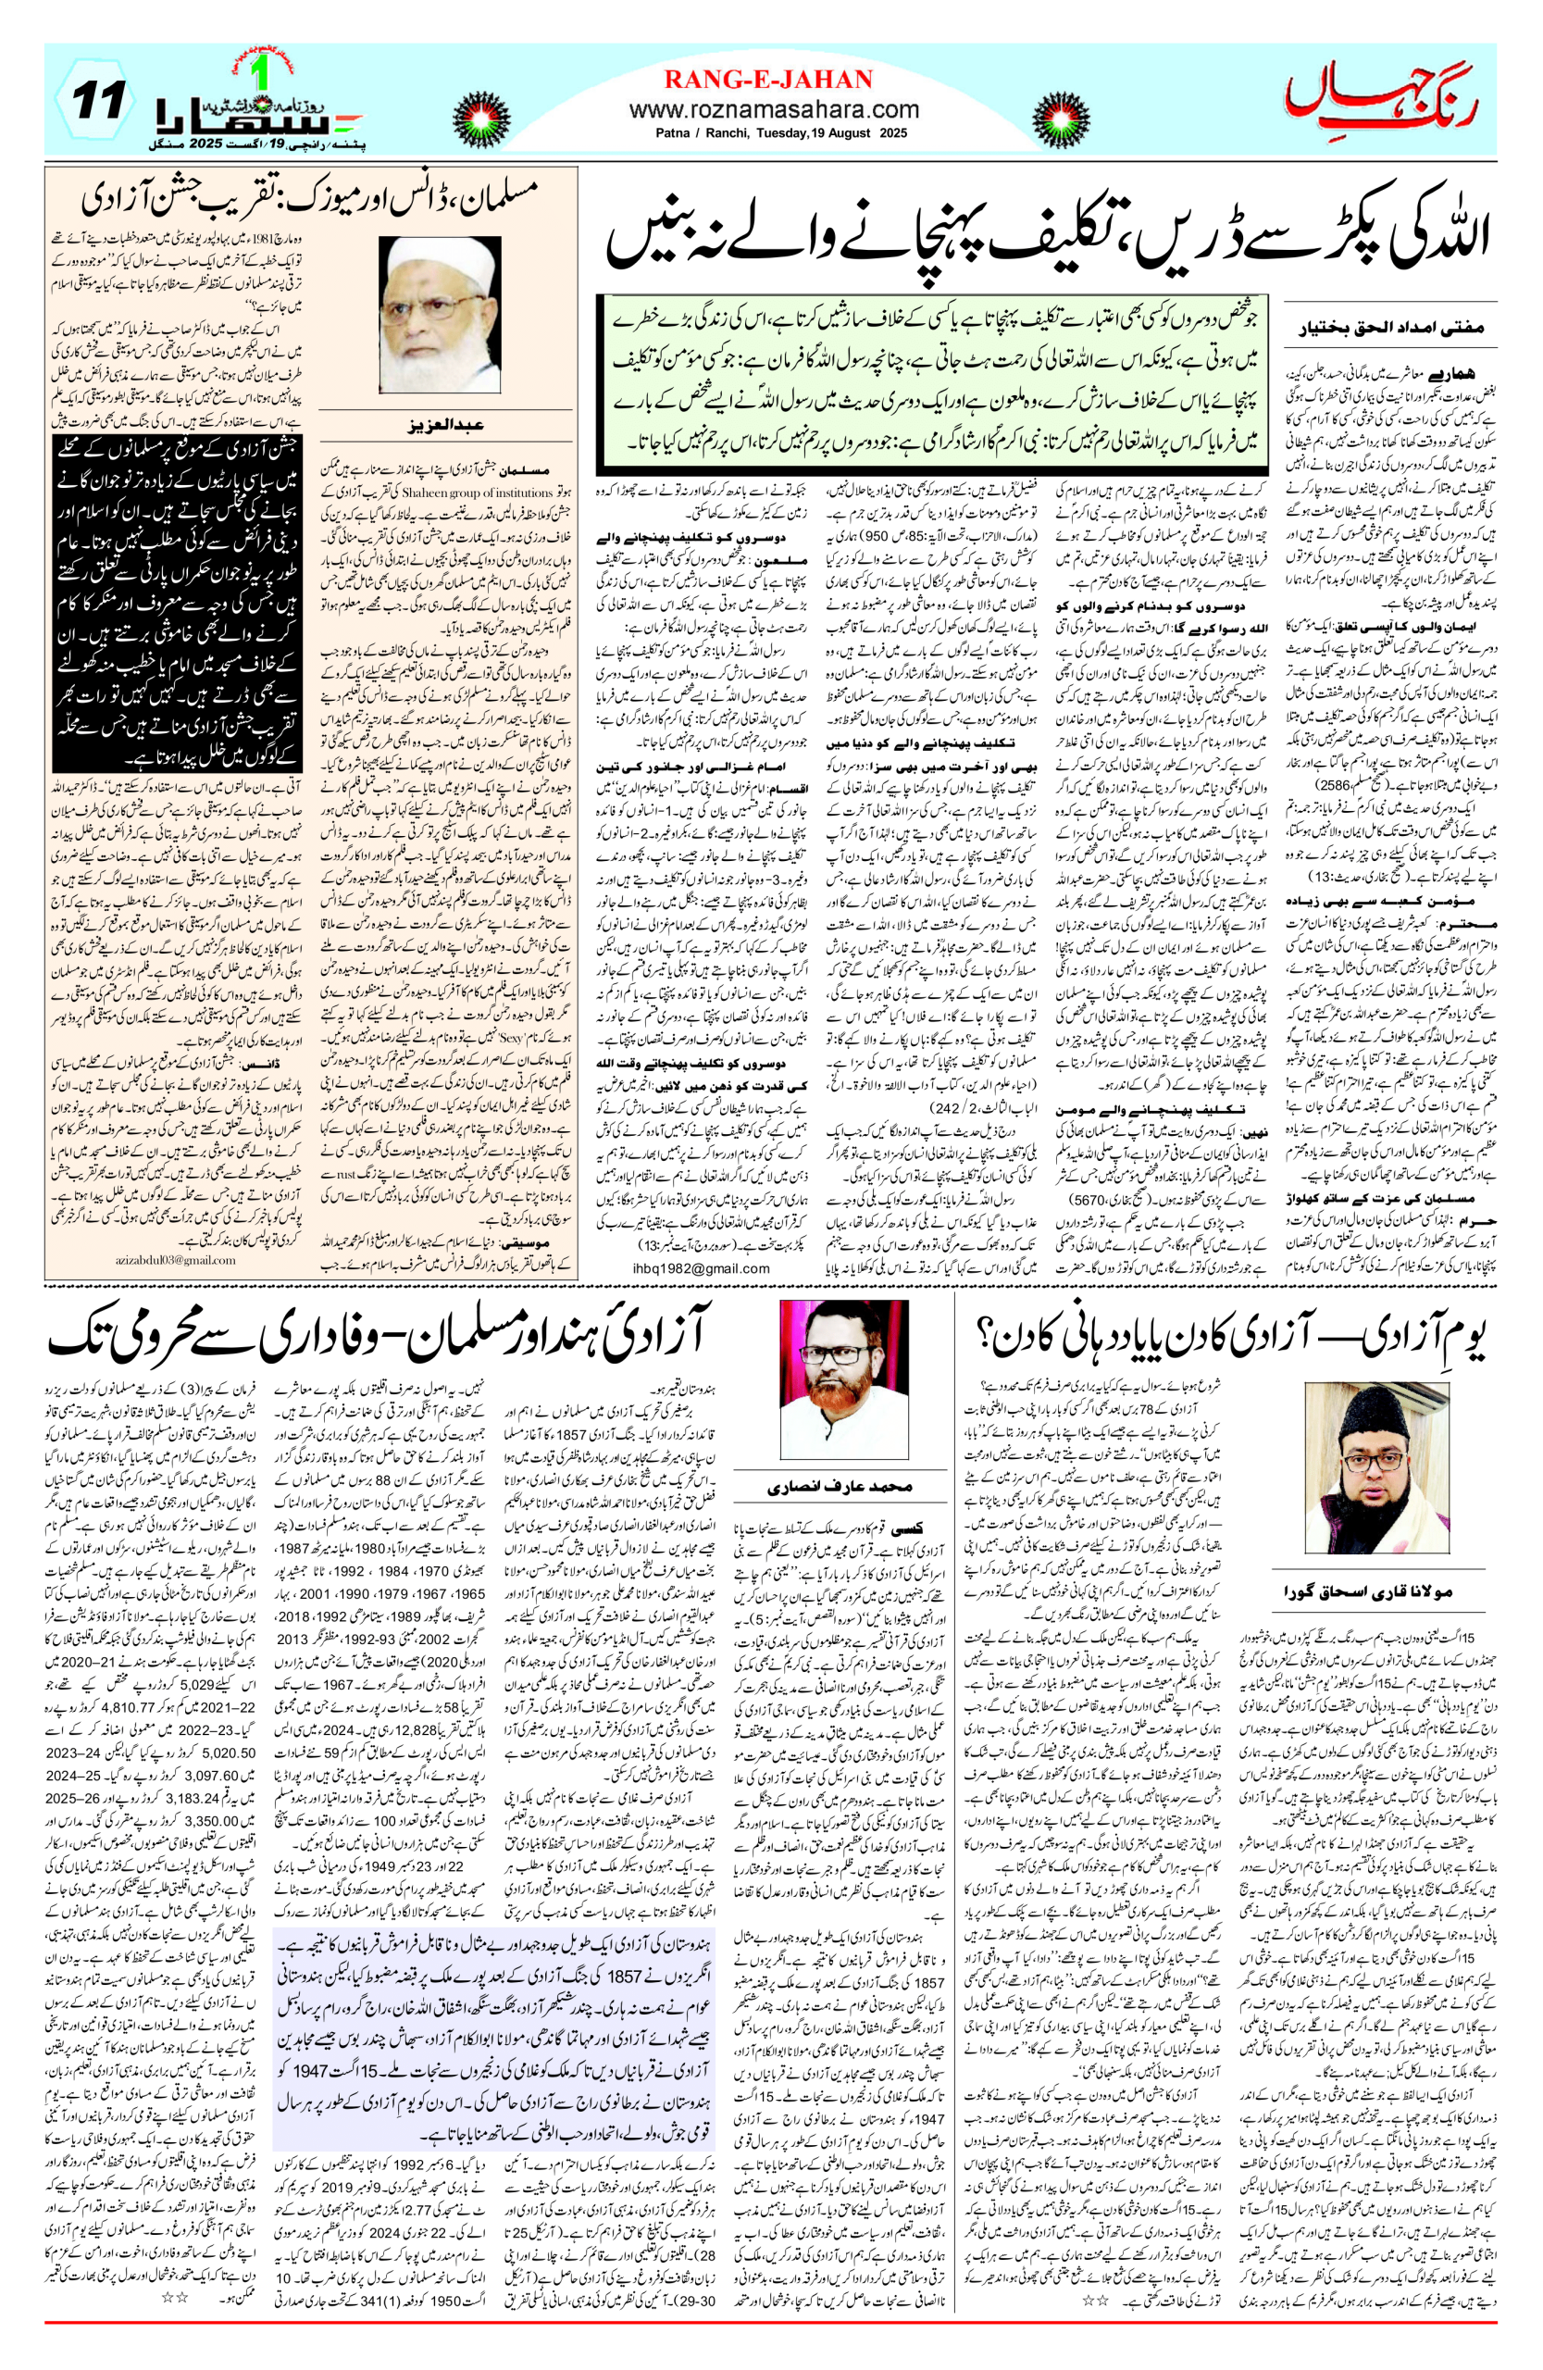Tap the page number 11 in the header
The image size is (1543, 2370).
(97, 101)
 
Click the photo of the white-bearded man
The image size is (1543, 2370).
(440, 315)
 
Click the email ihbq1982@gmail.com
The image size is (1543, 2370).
(700, 1267)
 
